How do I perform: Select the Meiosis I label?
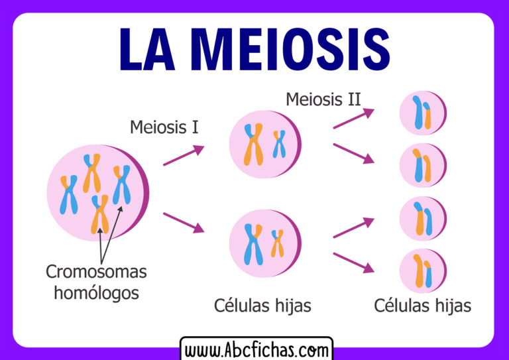click(164, 126)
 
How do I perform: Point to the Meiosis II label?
click(323, 100)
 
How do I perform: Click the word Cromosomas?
click(96, 271)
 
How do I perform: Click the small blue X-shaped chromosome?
click(279, 143)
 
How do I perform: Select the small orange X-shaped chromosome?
click(277, 243)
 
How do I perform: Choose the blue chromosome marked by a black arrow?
click(121, 184)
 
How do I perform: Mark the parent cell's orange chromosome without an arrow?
click(91, 172)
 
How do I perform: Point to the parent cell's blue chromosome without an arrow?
click(69, 194)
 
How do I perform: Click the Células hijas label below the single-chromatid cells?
click(422, 306)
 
